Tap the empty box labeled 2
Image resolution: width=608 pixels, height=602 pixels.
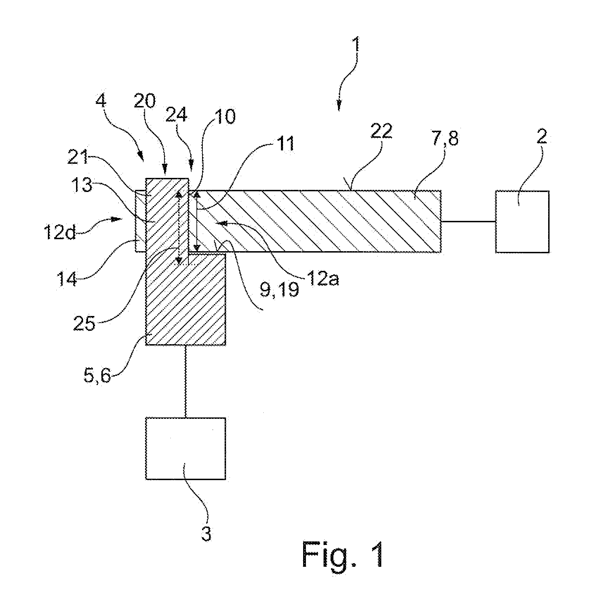(522, 222)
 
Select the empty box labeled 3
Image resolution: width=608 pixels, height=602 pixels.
(186, 448)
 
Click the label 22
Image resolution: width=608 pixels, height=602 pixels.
(381, 132)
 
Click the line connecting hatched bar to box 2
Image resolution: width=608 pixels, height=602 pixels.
(468, 222)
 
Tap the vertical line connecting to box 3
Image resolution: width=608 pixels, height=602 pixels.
(185, 381)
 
